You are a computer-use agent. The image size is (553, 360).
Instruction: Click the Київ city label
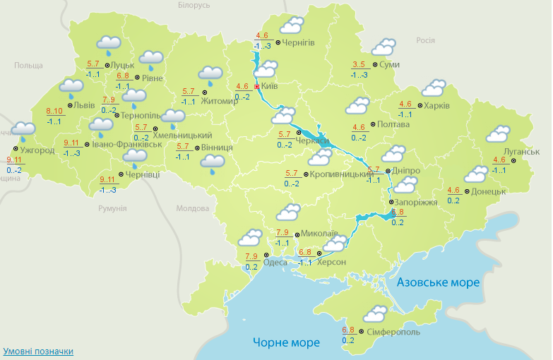[x=269, y=86]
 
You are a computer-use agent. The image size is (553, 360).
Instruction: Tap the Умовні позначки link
[x=38, y=351]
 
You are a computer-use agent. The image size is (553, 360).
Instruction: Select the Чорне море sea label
[x=286, y=342]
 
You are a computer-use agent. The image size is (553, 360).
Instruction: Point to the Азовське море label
[x=438, y=282]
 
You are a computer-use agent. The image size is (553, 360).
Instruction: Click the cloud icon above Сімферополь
[x=374, y=313]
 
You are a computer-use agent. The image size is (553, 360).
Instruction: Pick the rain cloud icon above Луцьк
[x=108, y=45]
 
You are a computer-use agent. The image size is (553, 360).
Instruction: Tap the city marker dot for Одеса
[x=266, y=255]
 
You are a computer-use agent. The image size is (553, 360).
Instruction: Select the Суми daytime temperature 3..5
[x=359, y=65]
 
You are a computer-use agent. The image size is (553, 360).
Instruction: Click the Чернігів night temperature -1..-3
[x=263, y=46]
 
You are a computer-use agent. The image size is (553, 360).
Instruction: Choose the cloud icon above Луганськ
[x=499, y=134]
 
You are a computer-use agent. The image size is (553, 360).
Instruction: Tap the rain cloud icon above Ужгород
[x=24, y=130]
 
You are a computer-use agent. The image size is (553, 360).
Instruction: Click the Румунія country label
[x=112, y=208]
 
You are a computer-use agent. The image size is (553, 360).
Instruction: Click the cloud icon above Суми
[x=383, y=47]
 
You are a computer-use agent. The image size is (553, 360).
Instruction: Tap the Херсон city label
[x=332, y=262]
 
